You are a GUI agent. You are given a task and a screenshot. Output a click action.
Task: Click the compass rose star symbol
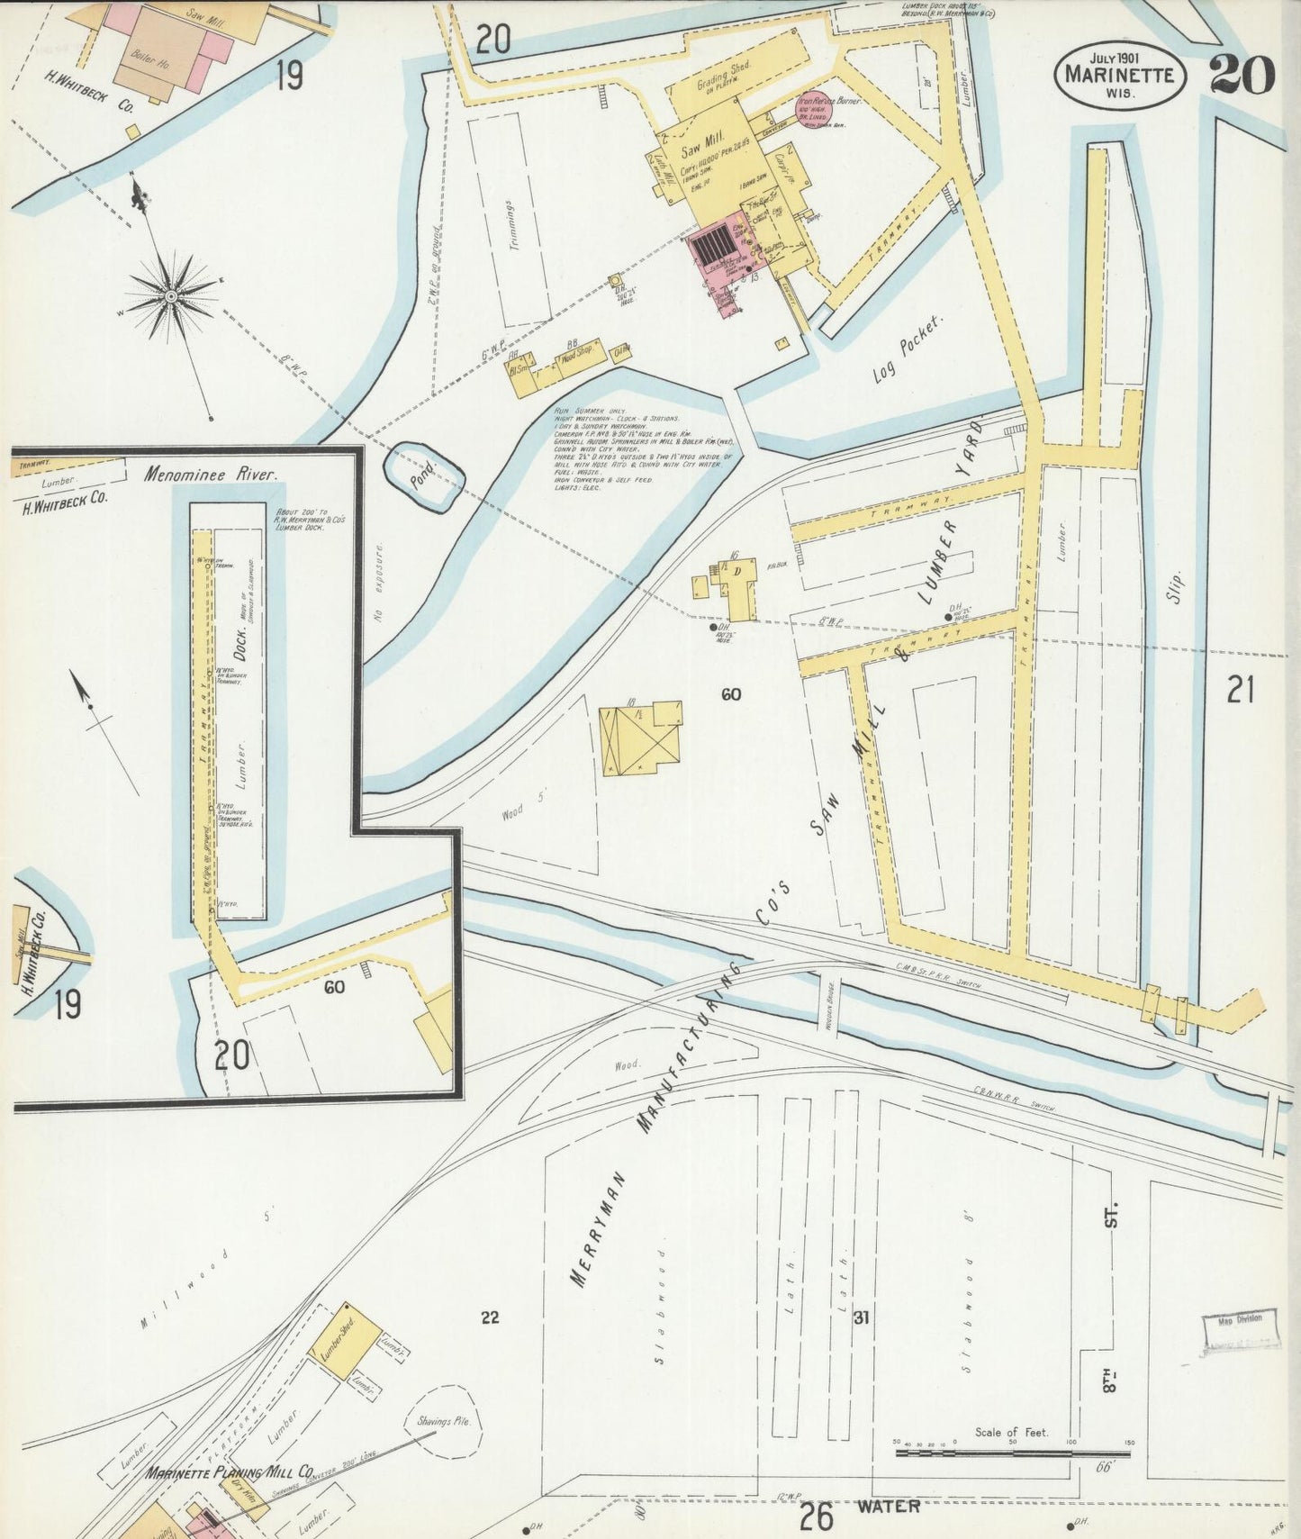[x=171, y=295]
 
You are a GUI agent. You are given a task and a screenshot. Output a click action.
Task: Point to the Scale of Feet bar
[x=1012, y=1453]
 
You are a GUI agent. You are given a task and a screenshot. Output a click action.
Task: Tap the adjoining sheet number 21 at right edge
[x=1240, y=692]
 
